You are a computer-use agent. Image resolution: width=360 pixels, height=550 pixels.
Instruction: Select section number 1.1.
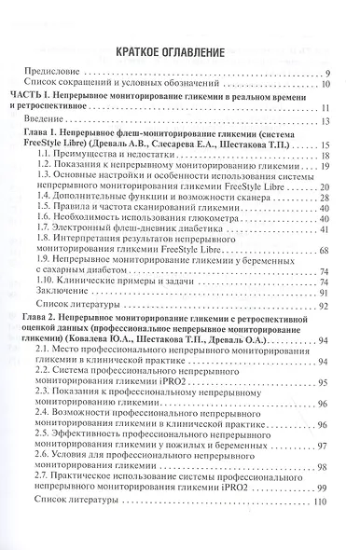point(59,157)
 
